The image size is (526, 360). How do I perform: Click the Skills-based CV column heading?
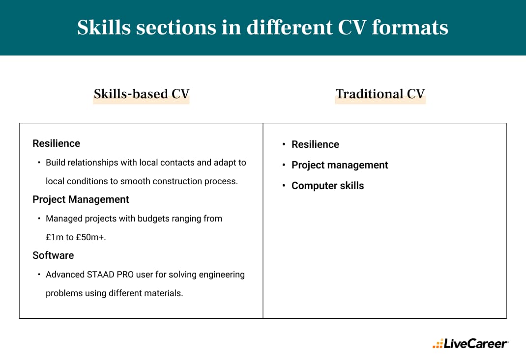[142, 94]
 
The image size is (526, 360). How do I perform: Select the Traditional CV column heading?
[380, 94]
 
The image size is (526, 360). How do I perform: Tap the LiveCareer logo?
[470, 344]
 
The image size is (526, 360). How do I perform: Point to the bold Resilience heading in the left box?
[56, 143]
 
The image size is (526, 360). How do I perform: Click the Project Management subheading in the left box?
[81, 199]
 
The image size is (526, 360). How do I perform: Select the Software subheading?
[53, 255]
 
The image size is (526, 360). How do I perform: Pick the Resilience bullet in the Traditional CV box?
[315, 144]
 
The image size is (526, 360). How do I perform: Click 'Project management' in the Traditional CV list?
[340, 165]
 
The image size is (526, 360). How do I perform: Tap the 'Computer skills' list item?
[327, 186]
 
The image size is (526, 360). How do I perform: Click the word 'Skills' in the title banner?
[103, 28]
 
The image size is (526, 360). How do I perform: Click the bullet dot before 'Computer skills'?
[284, 186]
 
